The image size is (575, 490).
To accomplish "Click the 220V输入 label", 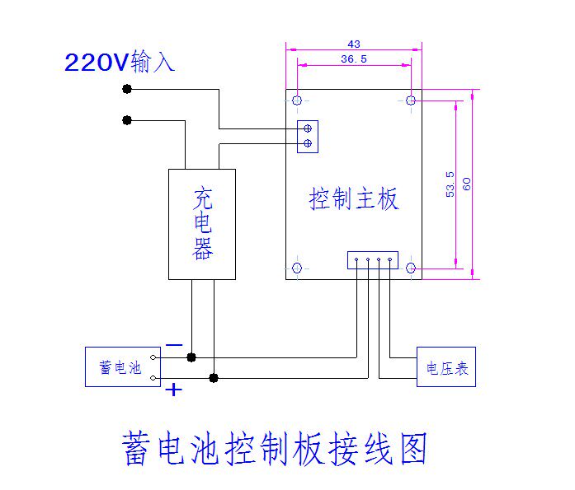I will point(120,63).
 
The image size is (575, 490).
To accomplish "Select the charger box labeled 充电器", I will point(202,224).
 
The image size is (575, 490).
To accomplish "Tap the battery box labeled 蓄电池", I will point(122,367).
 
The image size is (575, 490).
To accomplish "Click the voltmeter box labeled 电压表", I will point(446,367).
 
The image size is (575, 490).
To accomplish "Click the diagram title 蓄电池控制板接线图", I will point(275,448).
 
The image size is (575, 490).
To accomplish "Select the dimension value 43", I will point(354,44).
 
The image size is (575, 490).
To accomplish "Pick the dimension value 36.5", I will point(354,59).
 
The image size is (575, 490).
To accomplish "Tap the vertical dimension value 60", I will point(467,184).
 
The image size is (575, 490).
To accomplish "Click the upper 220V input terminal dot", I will point(127,89).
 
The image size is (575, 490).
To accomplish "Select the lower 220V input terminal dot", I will point(127,120).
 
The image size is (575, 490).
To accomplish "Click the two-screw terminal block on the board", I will point(308,136).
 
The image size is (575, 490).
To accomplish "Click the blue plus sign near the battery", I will point(173,390).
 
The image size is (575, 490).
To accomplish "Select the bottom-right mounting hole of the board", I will point(411,268).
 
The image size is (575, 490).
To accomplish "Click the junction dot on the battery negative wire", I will point(191,357).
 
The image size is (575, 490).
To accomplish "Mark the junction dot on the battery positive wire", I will point(214,378).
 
